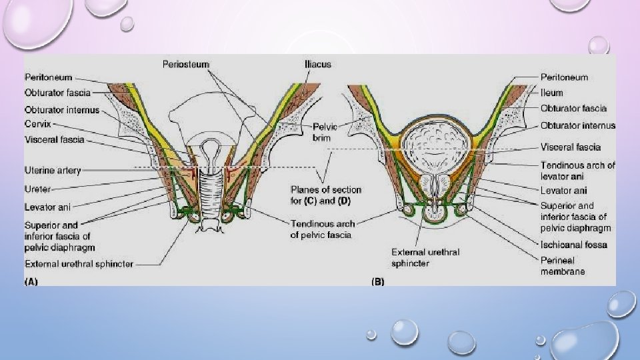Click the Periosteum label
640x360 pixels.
[x=185, y=64]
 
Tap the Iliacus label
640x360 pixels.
[x=315, y=64]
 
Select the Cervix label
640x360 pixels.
[x=39, y=125]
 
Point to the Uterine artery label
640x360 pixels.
[x=53, y=171]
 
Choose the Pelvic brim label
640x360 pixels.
[x=325, y=132]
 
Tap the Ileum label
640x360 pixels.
[x=551, y=93]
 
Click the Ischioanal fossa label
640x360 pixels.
[x=573, y=245]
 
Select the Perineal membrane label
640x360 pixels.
[x=563, y=265]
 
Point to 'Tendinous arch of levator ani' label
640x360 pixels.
[x=577, y=170]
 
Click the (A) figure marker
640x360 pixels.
[x=31, y=281]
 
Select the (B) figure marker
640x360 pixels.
[x=377, y=281]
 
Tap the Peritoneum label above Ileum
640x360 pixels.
[x=564, y=77]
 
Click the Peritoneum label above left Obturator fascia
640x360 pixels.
[x=49, y=77]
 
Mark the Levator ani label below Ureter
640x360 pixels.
[x=47, y=207]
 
